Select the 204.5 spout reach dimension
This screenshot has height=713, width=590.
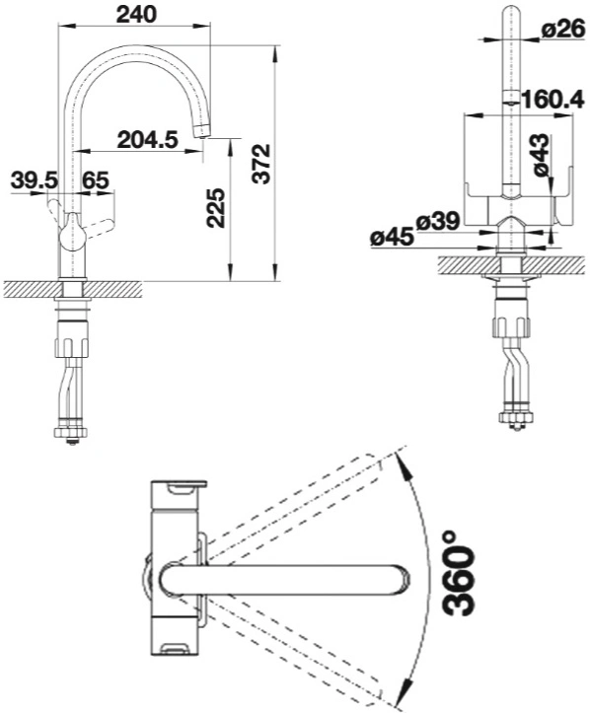coord(147,139)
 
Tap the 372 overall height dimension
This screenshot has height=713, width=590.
coord(261,164)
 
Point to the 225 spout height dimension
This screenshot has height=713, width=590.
coord(216,208)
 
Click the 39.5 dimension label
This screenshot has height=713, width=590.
coord(35,180)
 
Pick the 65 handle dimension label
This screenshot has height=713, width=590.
coord(96,180)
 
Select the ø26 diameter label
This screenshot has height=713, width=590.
coord(562,30)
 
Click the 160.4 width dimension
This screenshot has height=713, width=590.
coord(553,100)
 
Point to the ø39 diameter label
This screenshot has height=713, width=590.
coord(438,222)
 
